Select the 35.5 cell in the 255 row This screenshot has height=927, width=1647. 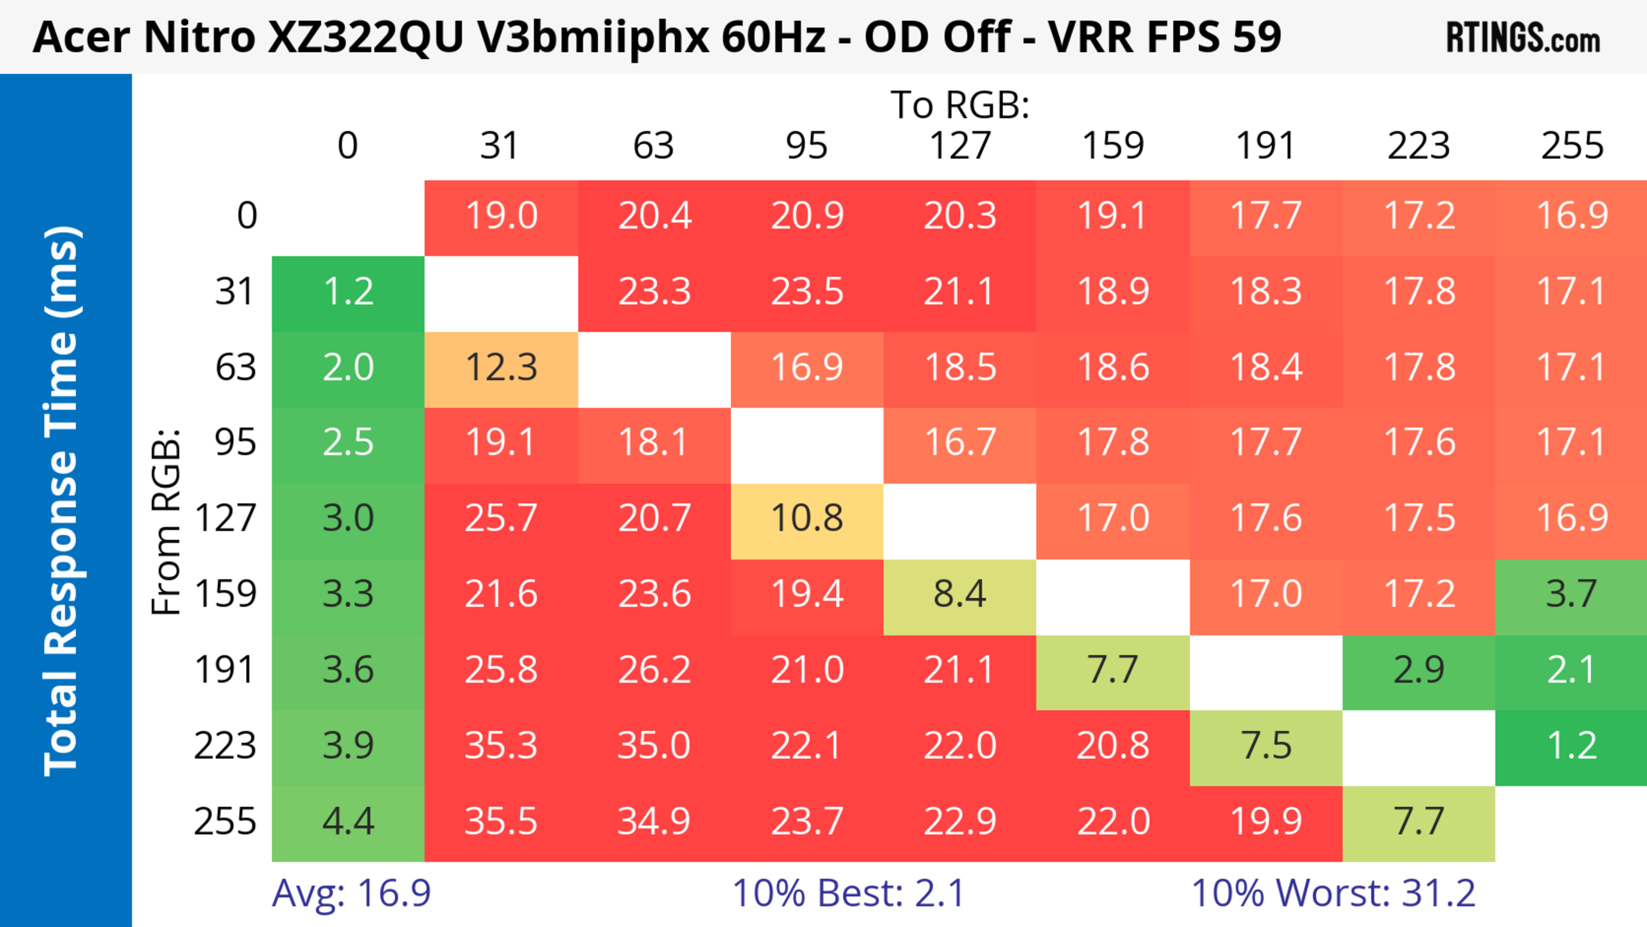[x=501, y=821]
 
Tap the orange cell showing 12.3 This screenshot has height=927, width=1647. [x=501, y=368]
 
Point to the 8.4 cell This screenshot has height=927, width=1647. [x=960, y=594]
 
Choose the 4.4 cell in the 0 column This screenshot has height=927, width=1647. [x=348, y=821]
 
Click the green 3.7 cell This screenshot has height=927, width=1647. [x=1571, y=594]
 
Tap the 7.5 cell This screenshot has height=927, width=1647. [x=1266, y=746]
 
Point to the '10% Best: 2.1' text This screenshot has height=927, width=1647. [x=848, y=893]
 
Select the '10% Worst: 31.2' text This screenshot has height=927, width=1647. [x=1333, y=893]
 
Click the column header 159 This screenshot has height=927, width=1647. [x=1113, y=146]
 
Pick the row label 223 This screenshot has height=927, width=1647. [x=225, y=746]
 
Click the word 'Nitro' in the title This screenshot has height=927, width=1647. [x=199, y=37]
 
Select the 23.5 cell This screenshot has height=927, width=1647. [x=807, y=292]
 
